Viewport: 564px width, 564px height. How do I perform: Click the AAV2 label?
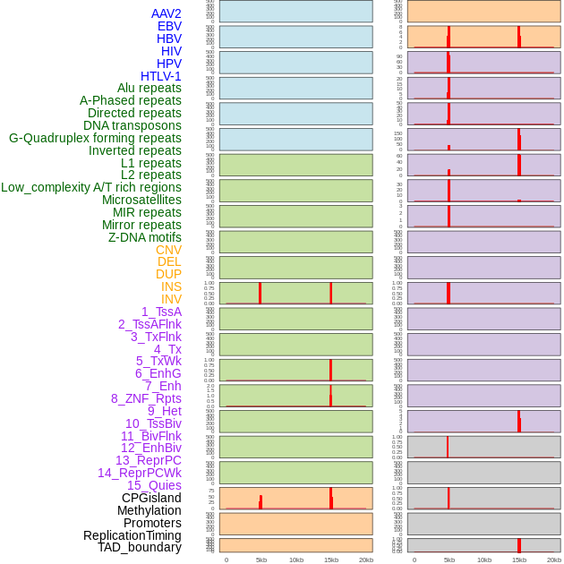pyautogui.click(x=166, y=13)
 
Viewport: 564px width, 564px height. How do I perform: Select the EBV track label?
pyautogui.click(x=169, y=26)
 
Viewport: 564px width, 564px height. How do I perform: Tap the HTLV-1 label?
pyautogui.click(x=160, y=76)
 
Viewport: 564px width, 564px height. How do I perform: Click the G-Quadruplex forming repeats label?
pyautogui.click(x=95, y=138)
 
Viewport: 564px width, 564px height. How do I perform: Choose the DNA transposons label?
pyautogui.click(x=132, y=125)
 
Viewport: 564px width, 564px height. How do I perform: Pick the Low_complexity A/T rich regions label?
pyautogui.click(x=91, y=187)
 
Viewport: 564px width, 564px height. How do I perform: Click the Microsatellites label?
pyautogui.click(x=141, y=200)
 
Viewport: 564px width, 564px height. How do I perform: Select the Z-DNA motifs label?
pyautogui.click(x=145, y=237)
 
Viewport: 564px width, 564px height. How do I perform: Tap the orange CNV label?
pyautogui.click(x=168, y=250)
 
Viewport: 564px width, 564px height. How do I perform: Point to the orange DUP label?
pyautogui.click(x=168, y=274)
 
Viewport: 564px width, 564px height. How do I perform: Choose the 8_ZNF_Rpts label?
pyautogui.click(x=146, y=398)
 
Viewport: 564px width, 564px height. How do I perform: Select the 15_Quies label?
pyautogui.click(x=154, y=485)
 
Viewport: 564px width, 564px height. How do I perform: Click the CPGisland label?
pyautogui.click(x=151, y=498)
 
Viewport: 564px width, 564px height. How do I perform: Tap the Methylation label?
pyautogui.click(x=150, y=510)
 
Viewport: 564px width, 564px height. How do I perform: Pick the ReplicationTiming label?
pyautogui.click(x=132, y=535)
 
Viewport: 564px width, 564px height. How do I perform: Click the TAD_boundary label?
pyautogui.click(x=140, y=547)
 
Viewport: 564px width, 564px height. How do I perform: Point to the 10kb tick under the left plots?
pyautogui.click(x=296, y=560)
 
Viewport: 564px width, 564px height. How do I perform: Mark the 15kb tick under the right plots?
pyautogui.click(x=518, y=560)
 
